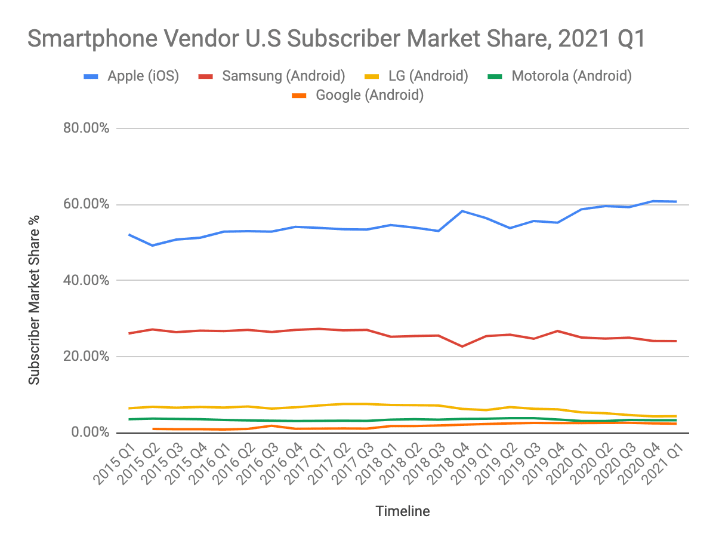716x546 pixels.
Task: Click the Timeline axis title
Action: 402,511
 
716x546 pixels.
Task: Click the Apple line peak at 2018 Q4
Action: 463,211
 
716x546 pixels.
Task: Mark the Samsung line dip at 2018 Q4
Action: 463,346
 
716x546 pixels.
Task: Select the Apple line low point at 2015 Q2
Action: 153,246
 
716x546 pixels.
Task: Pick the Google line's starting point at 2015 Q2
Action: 153,429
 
